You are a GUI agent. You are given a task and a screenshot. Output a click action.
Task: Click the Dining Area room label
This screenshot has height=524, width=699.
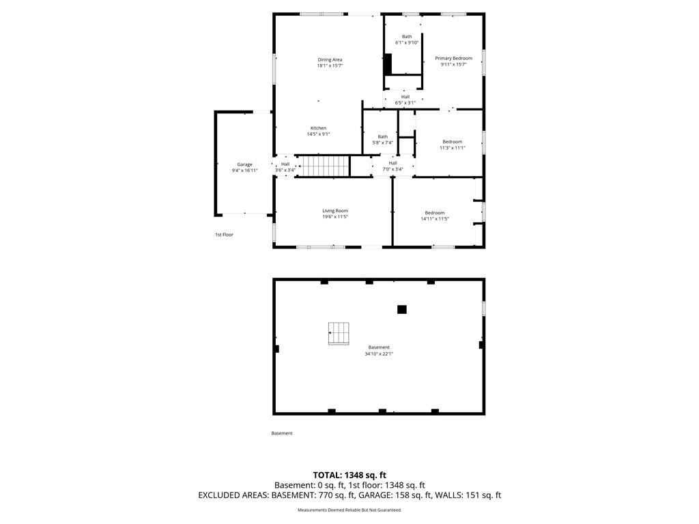[x=330, y=60]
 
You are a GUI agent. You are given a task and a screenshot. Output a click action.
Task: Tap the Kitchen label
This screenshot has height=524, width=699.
[x=318, y=128]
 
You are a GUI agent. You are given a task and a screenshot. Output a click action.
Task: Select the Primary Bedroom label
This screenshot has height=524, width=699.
[x=453, y=59]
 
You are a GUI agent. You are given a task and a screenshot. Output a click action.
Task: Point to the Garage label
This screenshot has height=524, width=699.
[x=244, y=164]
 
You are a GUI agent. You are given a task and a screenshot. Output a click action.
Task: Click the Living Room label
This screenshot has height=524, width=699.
[x=335, y=211]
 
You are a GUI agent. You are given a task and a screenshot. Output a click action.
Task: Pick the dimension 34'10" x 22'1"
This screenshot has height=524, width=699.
[x=379, y=354]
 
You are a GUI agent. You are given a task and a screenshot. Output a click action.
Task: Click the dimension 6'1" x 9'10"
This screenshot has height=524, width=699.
[x=407, y=43]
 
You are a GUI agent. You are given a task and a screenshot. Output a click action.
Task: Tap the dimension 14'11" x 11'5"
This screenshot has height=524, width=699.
[x=435, y=219]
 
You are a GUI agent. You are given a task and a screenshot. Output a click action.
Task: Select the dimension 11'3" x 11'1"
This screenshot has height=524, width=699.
[x=453, y=148]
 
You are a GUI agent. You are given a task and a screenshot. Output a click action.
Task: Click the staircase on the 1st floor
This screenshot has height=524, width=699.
[x=323, y=166]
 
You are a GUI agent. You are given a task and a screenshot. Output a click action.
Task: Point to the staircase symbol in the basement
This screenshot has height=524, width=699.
[x=339, y=333]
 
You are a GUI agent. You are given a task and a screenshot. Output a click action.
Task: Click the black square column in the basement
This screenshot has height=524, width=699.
[x=401, y=309]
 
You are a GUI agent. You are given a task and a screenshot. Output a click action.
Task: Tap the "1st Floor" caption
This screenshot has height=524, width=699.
[x=224, y=235]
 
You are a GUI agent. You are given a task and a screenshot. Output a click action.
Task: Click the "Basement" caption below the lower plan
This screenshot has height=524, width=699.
[x=282, y=433]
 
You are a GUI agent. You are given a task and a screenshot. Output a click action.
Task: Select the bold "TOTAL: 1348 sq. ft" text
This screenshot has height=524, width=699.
[x=349, y=475]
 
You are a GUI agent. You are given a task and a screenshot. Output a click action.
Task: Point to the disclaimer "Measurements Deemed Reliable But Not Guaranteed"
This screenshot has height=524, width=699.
[x=349, y=510]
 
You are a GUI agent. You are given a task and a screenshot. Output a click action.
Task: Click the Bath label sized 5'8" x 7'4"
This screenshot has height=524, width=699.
[x=382, y=136]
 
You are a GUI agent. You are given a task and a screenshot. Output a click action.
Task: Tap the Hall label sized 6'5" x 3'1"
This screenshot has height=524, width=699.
[x=405, y=97]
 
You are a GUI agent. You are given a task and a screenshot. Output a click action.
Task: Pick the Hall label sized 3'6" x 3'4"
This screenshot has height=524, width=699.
[x=285, y=164]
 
